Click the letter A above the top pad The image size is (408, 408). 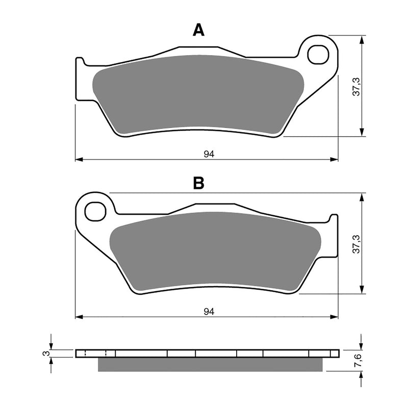click(x=198, y=31)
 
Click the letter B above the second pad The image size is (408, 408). click(x=198, y=183)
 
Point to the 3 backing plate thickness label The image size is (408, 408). click(x=45, y=353)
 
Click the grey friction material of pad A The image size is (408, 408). click(x=199, y=94)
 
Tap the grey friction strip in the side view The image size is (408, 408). click(x=209, y=364)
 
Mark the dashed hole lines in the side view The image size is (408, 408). click(x=95, y=353)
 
